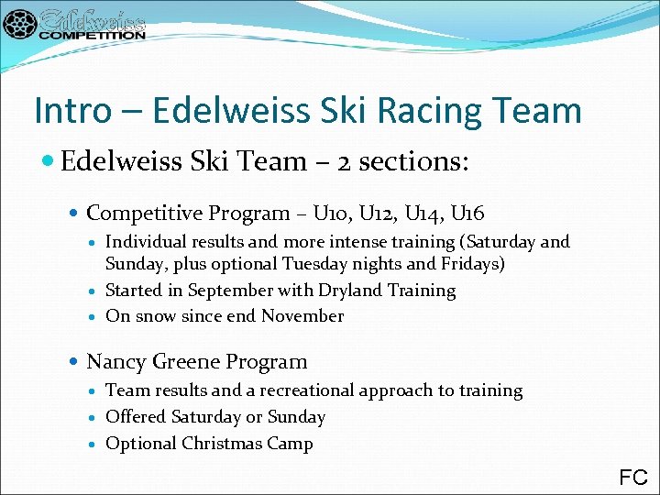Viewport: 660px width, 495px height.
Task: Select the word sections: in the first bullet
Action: pos(413,162)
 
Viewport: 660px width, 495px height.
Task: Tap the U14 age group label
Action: pos(421,214)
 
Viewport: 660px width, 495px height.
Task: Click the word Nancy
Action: pos(114,362)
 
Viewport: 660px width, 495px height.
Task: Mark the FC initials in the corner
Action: pos(633,477)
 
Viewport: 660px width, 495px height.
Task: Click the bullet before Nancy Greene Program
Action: pos(75,362)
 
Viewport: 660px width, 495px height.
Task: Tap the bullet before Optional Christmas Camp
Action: pos(94,445)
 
